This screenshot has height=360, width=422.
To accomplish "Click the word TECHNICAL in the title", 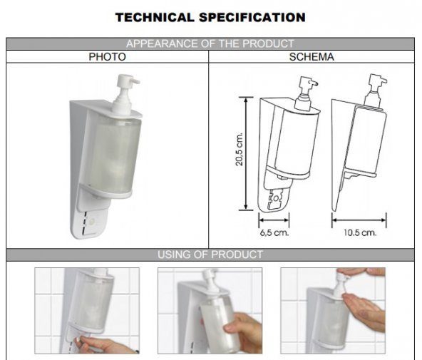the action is click(x=155, y=18).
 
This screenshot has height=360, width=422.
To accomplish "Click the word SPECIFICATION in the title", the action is click(x=252, y=18).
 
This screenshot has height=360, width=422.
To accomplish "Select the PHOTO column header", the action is click(x=108, y=57).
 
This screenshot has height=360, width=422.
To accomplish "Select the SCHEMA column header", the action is click(x=312, y=57).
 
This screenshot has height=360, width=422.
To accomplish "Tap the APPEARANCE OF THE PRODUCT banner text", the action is click(x=210, y=43).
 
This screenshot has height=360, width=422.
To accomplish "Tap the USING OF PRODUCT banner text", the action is click(x=210, y=254).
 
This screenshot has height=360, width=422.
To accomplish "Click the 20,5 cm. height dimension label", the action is click(x=240, y=149).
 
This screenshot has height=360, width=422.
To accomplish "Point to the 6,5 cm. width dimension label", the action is click(x=274, y=232).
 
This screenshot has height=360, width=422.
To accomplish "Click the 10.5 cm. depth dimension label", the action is click(x=360, y=232).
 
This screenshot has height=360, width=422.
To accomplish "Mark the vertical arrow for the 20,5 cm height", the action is click(x=246, y=153).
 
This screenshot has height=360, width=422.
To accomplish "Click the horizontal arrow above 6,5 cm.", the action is click(x=274, y=220).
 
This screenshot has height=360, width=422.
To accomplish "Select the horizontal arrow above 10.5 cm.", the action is click(x=359, y=220).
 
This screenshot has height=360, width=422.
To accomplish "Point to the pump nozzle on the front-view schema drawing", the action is click(x=314, y=83).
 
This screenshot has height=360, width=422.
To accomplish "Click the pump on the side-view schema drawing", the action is click(x=376, y=91).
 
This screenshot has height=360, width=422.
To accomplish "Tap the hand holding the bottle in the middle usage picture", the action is click(x=244, y=332).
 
